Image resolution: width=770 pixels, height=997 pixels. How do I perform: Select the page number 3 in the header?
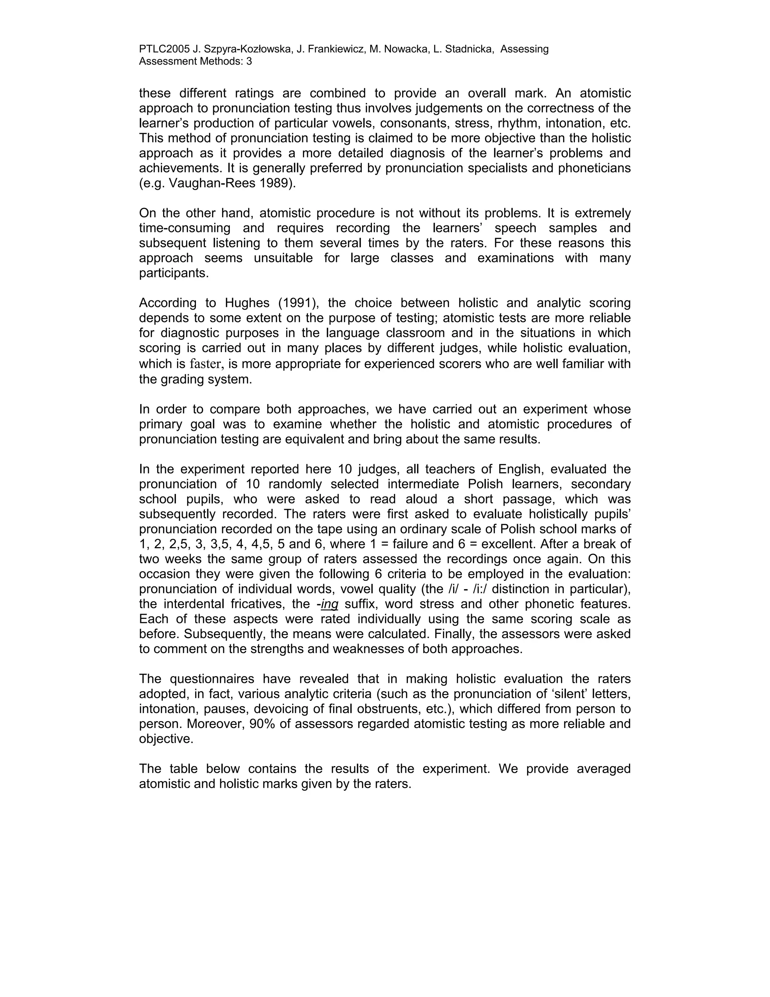249,61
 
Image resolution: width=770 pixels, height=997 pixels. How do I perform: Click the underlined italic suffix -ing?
329,605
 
